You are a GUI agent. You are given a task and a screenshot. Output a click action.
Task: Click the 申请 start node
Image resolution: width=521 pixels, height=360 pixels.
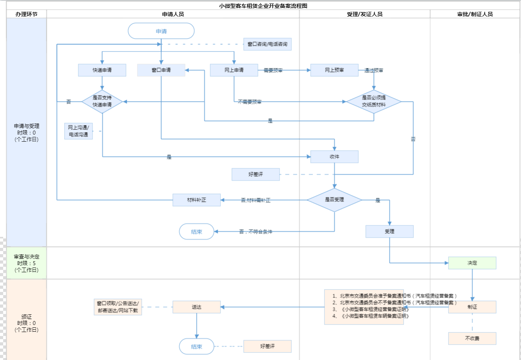161,31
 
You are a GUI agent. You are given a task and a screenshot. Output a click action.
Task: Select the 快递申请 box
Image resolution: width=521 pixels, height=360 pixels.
102,70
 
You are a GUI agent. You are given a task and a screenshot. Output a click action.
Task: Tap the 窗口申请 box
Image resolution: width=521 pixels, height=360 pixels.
161,70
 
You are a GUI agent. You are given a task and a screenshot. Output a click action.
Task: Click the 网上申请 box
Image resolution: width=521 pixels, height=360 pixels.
234,70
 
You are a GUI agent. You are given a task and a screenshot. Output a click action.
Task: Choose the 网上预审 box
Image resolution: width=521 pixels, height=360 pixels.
334,70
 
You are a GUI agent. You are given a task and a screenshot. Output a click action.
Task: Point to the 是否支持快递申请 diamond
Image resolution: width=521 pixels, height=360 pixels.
102,102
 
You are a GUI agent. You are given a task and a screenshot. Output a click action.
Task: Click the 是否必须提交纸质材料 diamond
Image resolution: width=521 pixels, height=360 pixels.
374,102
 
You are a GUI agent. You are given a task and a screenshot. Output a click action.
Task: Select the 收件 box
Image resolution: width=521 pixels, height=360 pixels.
334,157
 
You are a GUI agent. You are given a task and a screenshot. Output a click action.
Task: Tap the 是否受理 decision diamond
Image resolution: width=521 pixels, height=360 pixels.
334,200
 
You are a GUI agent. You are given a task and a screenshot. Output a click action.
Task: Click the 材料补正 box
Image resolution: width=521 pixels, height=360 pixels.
197,200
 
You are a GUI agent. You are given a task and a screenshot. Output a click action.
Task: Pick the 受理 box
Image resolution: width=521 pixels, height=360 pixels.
389,231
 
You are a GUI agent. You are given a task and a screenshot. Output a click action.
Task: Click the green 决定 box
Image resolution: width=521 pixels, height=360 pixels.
472,263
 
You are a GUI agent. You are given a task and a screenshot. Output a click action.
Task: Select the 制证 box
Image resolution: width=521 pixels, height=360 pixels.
472,307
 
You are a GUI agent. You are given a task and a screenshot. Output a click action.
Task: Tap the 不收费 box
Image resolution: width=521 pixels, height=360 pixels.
472,338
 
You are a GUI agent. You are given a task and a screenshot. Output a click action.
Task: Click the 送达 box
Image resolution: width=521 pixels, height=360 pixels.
197,307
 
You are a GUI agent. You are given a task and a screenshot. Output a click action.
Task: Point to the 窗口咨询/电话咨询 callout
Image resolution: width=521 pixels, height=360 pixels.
267,44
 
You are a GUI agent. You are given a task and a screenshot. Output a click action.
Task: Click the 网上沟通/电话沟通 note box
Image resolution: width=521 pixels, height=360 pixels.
78,131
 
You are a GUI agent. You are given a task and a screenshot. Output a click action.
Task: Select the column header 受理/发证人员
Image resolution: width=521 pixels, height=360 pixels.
364,14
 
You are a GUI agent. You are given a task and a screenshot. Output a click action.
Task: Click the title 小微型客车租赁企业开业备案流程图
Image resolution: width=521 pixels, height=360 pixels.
263,6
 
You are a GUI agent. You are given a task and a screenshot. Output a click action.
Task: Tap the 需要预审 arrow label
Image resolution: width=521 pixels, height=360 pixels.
273,70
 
